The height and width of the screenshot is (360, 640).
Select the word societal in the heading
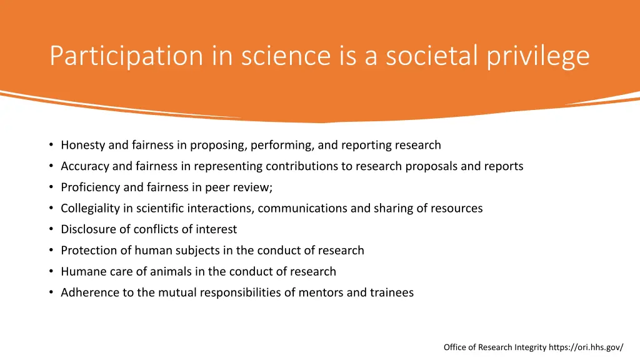click(432, 56)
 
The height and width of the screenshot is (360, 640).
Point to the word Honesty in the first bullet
click(83, 145)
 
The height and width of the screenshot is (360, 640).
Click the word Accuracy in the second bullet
click(86, 166)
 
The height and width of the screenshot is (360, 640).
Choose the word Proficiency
click(91, 187)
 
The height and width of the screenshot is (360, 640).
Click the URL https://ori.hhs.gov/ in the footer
click(586, 347)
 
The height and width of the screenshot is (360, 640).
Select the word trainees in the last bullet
click(391, 292)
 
